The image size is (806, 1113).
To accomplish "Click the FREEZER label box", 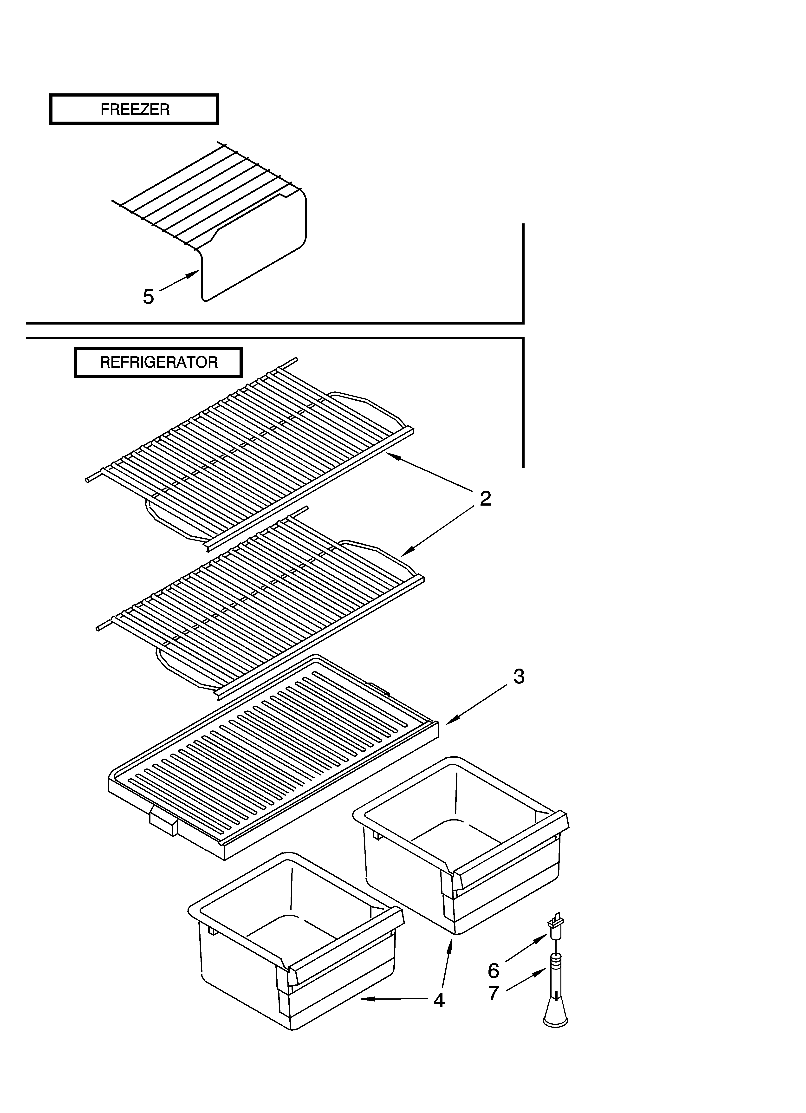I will (x=134, y=109).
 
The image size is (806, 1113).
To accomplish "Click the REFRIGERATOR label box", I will (x=158, y=362).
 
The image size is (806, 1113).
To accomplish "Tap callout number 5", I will (x=148, y=296).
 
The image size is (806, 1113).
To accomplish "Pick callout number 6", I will (x=493, y=970).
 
